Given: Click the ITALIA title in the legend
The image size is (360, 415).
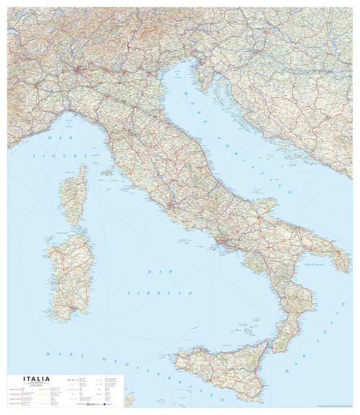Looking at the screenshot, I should point(36,379).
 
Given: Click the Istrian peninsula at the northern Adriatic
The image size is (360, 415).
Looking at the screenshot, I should point(202,83).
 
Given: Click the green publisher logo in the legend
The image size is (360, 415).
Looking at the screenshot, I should point(87,404).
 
